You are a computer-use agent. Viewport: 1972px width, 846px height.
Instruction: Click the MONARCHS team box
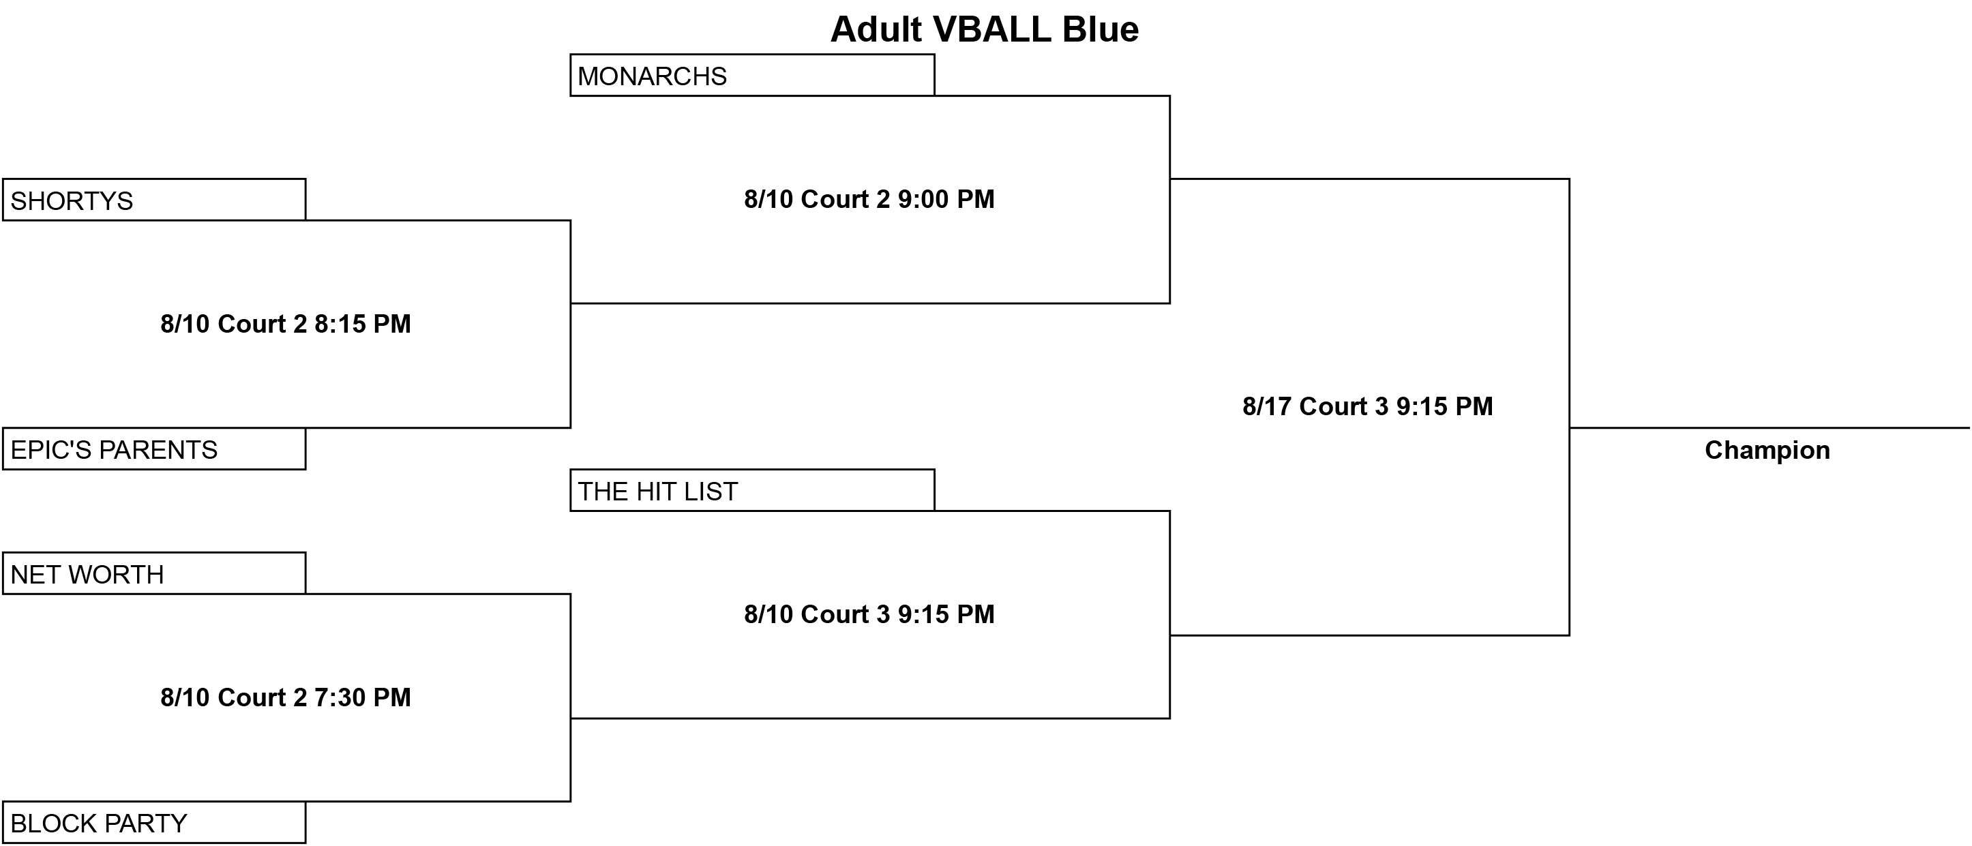point(751,75)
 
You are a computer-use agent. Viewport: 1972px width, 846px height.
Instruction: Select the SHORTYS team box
point(154,200)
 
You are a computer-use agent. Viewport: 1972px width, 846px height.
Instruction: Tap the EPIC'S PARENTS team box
point(154,449)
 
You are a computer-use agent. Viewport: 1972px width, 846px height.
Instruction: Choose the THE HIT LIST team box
point(751,490)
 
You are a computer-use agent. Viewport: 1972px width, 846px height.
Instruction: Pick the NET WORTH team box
point(154,573)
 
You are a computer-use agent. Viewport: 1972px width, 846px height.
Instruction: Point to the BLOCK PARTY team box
point(154,822)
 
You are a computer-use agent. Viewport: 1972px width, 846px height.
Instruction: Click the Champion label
point(1767,450)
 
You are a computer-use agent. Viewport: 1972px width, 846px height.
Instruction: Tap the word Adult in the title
point(876,30)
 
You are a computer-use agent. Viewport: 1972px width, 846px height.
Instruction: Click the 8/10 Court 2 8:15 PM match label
point(286,324)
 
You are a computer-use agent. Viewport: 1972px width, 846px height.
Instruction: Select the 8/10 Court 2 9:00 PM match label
point(869,199)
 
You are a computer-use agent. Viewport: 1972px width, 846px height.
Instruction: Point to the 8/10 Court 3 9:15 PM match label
point(869,614)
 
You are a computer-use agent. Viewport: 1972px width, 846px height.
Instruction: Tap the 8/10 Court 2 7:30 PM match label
point(286,697)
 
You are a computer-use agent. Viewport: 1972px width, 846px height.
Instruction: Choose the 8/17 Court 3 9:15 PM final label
point(1368,406)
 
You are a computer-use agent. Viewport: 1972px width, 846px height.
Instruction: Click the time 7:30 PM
point(363,697)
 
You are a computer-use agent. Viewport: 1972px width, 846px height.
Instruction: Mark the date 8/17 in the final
point(1267,406)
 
